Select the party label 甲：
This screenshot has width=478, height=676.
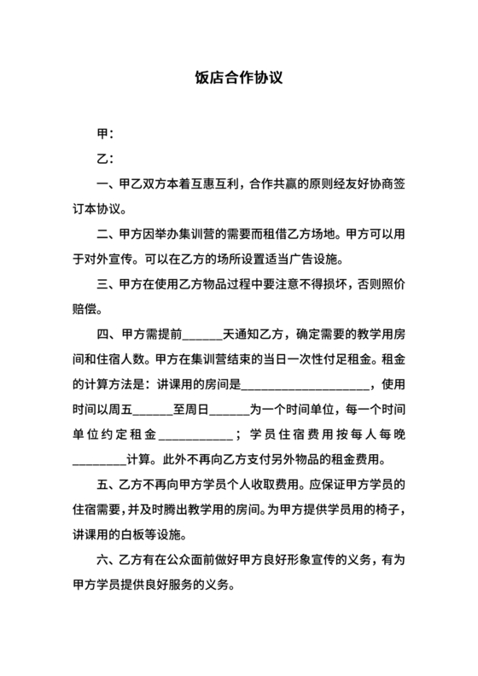click(106, 134)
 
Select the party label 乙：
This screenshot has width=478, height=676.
click(106, 158)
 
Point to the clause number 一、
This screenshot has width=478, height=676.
click(108, 183)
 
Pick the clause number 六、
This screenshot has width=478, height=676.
click(108, 562)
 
